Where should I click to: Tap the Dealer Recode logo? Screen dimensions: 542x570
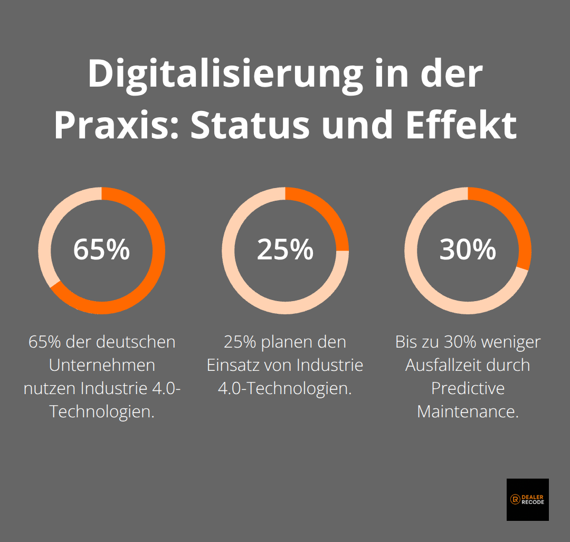527,499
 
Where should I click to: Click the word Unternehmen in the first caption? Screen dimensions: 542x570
102,365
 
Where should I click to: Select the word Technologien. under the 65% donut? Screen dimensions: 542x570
102,412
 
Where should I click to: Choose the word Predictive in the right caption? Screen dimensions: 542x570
468,388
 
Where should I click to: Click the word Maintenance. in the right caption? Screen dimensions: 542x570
468,412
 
